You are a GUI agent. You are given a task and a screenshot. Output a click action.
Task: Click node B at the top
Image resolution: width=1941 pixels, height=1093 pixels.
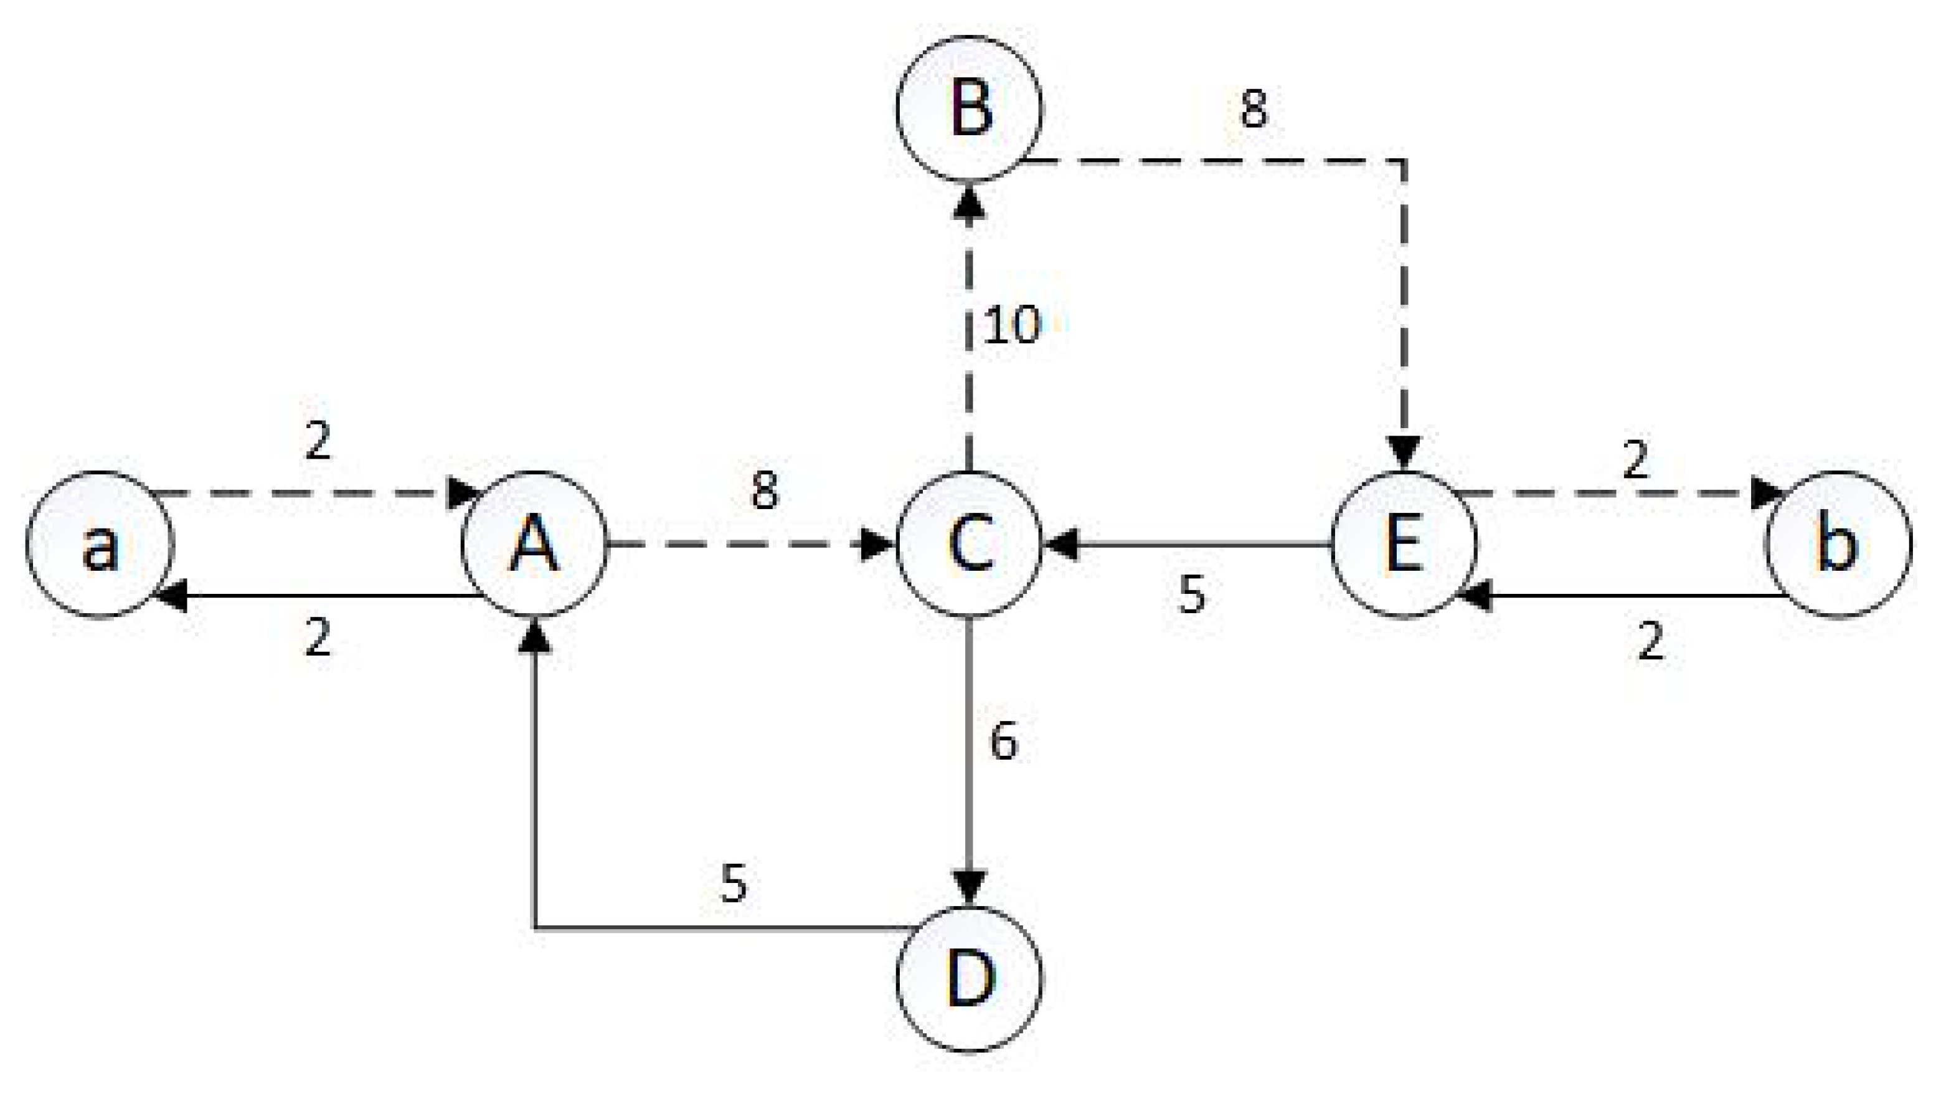(970, 109)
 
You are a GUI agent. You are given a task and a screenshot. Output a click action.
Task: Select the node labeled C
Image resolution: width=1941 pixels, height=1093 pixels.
(970, 544)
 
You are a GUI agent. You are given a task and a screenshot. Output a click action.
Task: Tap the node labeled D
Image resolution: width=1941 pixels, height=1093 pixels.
(970, 978)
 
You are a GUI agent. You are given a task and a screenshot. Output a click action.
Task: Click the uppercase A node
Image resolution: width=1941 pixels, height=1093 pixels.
(534, 544)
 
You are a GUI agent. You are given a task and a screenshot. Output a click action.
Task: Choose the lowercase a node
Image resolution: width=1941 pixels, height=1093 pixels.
(100, 544)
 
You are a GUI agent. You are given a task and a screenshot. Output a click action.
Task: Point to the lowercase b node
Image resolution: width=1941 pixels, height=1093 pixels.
(1838, 544)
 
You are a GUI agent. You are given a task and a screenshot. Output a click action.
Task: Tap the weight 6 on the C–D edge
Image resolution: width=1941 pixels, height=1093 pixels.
(1003, 741)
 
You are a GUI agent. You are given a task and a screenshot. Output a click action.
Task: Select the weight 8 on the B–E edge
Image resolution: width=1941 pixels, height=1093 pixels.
(1253, 108)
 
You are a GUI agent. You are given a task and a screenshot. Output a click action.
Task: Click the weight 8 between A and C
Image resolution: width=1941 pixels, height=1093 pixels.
(765, 492)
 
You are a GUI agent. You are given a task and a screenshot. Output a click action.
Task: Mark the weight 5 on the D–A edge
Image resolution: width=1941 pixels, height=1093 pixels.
(733, 883)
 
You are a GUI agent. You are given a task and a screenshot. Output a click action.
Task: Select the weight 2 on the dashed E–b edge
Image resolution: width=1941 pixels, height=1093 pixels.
(1635, 460)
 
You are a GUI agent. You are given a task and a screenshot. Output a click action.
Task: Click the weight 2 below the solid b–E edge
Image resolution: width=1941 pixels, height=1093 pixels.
(1650, 642)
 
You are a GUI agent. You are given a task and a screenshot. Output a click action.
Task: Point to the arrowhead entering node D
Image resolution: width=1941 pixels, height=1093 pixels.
(970, 889)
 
